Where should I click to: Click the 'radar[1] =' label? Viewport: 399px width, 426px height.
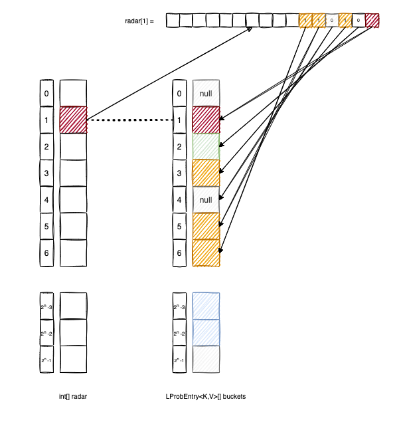(x=139, y=21)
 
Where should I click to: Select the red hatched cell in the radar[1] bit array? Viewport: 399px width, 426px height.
(x=372, y=21)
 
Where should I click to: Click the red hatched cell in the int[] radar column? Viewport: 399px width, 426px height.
(x=73, y=120)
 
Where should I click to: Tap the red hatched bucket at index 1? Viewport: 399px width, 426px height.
(x=206, y=120)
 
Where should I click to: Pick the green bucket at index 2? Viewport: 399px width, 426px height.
(x=206, y=146)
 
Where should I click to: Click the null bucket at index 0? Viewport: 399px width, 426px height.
(x=206, y=94)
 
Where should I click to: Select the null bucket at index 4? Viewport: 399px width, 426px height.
(x=206, y=199)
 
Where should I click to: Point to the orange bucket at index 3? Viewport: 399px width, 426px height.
(x=206, y=173)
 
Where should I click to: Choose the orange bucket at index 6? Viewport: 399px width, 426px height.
(x=206, y=253)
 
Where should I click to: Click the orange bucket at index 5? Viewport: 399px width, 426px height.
(x=206, y=226)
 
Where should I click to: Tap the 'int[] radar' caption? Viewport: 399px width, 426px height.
(x=73, y=397)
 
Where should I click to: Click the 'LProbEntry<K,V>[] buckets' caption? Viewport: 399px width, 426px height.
(x=206, y=397)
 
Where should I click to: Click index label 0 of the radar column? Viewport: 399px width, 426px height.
(x=46, y=94)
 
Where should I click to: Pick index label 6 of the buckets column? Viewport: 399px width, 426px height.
(x=179, y=253)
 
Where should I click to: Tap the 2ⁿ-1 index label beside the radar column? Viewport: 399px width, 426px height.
(x=46, y=360)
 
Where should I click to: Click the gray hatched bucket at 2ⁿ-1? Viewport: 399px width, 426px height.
(x=206, y=360)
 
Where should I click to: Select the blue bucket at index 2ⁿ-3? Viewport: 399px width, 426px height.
(x=206, y=306)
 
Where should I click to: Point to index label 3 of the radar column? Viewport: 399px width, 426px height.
(x=46, y=173)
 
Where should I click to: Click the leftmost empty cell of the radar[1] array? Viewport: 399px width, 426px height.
(x=173, y=21)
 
